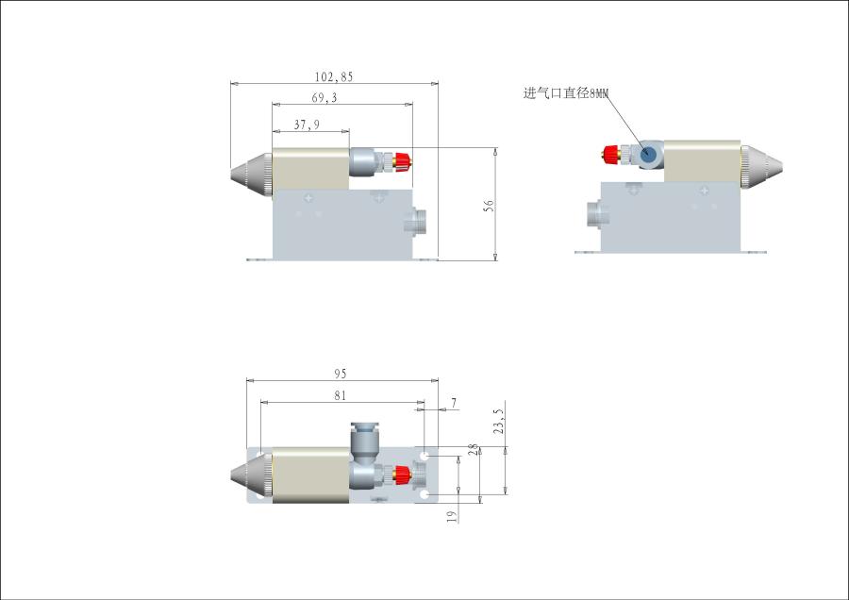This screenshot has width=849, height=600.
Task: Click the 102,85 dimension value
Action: pos(334,77)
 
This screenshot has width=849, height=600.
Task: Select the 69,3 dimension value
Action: pos(325,97)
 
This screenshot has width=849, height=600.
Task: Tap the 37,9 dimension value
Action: pos(307,125)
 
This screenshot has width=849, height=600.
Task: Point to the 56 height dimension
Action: pos(489,206)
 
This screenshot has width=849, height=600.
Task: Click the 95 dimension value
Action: pos(340,374)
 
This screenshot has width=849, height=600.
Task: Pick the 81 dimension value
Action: pos(340,396)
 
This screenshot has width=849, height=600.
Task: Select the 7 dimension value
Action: pos(454,403)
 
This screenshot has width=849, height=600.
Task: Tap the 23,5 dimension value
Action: pos(499,422)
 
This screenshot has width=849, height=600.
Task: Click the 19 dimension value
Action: pos(452,517)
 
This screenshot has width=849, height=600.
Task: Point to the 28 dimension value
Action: pos(474,449)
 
